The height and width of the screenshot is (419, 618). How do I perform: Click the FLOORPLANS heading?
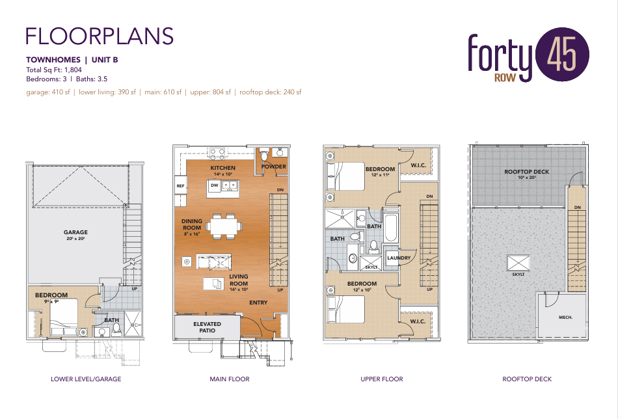(100, 35)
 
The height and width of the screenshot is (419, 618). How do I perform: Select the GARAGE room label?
(75, 232)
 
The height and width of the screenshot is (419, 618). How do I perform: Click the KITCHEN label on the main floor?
(222, 168)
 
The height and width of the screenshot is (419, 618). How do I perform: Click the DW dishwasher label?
(214, 186)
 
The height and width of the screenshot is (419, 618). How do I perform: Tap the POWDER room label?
(273, 167)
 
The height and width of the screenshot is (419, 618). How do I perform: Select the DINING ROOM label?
(192, 224)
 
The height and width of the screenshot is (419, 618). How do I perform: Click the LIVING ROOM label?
(239, 280)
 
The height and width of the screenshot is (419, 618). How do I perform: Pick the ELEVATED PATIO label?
(207, 327)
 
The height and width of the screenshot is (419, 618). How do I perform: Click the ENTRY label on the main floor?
(258, 303)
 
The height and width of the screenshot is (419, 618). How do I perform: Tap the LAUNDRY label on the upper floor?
(399, 258)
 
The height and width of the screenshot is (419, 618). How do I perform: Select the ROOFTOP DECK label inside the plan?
(527, 172)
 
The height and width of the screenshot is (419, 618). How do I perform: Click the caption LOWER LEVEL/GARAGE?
(86, 379)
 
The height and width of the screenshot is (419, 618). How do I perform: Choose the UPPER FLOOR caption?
(382, 379)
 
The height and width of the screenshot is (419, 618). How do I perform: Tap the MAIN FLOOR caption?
(230, 379)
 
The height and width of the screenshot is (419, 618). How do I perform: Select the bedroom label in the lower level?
(51, 295)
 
